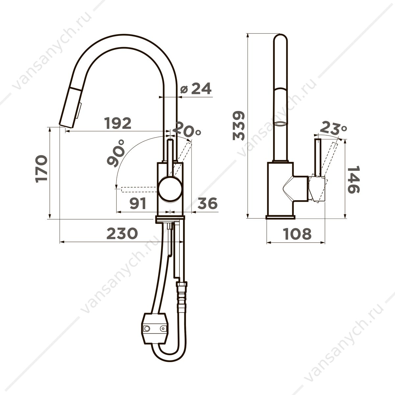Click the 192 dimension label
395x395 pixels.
tap(118, 123)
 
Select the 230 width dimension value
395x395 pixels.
tap(122, 233)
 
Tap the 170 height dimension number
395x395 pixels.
tap(41, 169)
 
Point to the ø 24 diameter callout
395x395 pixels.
tap(196, 88)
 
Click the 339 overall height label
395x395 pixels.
tap(239, 125)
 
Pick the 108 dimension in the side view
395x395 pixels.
tap(297, 234)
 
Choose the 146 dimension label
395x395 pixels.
tap(354, 180)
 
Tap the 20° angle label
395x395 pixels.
tap(186, 128)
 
